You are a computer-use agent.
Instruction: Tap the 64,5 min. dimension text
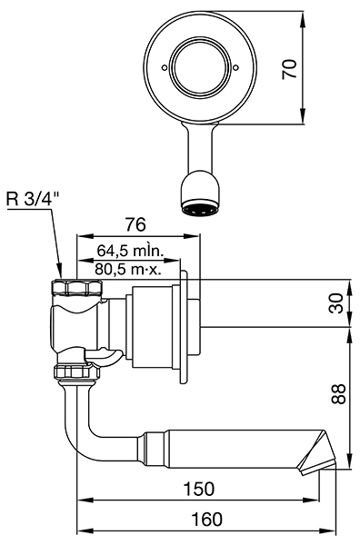[x=130, y=250]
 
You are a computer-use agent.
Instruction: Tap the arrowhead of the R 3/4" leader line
[x=61, y=275]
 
